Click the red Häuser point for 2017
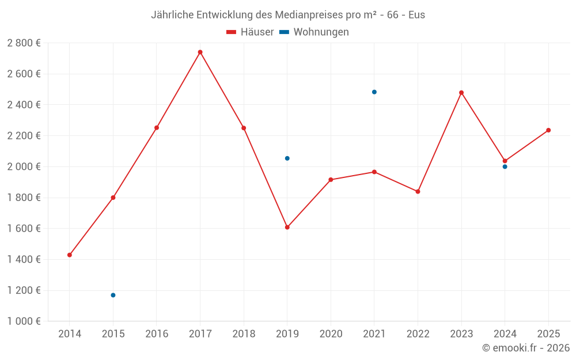point(200,52)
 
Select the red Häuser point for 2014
point(70,255)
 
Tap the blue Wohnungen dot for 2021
point(374,92)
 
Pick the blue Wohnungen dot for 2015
point(113,295)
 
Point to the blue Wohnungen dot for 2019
point(287,158)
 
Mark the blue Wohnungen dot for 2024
point(505,166)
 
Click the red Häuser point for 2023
point(461,93)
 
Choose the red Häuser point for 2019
point(287,227)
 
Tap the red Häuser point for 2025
point(548,130)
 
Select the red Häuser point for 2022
point(418,191)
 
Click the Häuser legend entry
point(250,32)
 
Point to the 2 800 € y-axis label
point(24,43)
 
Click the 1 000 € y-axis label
point(24,321)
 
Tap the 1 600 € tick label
point(24,228)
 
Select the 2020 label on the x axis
point(331,334)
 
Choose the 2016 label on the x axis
point(157,334)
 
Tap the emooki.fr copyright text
point(526,348)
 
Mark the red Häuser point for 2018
point(244,128)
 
